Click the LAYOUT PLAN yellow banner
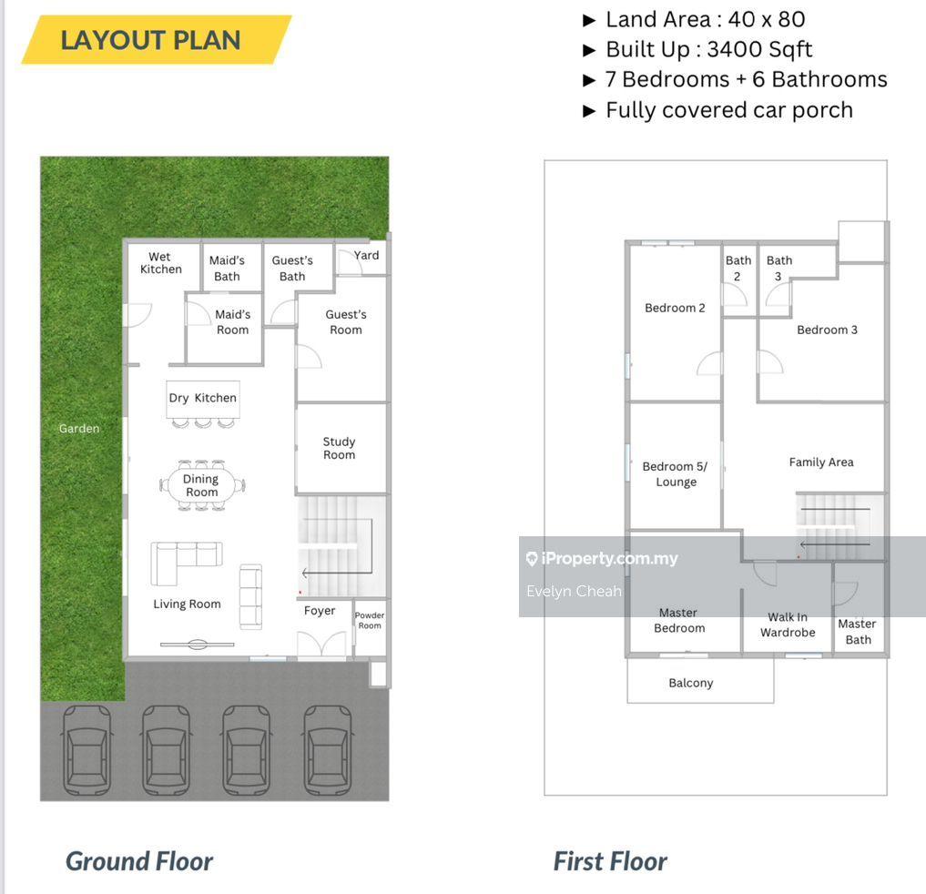[x=157, y=39]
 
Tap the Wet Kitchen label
[x=160, y=263]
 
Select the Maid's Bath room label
[x=227, y=268]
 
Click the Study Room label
[x=339, y=448]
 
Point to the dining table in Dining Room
[x=202, y=485]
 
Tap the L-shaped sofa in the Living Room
[x=186, y=560]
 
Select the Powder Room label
[x=370, y=620]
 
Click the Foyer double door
[x=321, y=644]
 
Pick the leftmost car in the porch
[x=86, y=750]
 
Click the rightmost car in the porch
[x=328, y=750]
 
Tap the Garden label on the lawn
[x=79, y=429]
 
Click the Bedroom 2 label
[x=675, y=308]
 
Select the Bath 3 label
[x=778, y=268]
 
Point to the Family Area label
[x=821, y=462]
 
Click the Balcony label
[x=691, y=683]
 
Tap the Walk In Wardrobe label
[x=788, y=625]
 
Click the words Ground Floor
[x=138, y=861]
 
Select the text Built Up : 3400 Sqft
[x=708, y=49]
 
